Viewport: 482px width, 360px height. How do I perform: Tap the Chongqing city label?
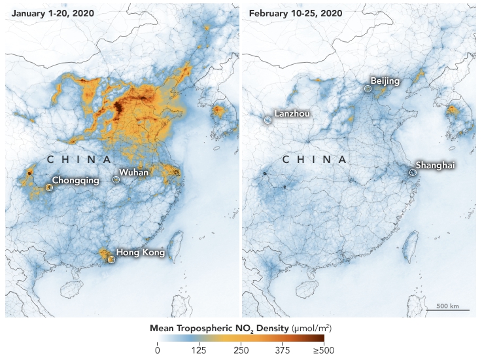coord(75,180)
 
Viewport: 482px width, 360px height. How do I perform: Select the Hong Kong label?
coord(140,252)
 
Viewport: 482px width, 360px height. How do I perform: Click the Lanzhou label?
coord(292,113)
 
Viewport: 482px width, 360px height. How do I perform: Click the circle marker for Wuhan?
coord(116,179)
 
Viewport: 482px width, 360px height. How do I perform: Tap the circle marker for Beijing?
coord(368,88)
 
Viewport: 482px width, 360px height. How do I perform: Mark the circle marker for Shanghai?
coord(412,173)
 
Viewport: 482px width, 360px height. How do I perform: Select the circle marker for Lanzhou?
coord(267,120)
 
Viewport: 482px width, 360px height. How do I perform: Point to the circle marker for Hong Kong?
coord(111,259)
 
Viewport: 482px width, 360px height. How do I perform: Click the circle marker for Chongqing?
coord(49,187)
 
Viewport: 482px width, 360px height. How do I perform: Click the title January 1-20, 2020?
coord(52,12)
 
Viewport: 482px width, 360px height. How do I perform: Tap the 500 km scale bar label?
coord(447,306)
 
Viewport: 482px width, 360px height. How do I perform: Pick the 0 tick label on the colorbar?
coord(157,351)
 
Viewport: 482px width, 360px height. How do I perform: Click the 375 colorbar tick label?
coord(282,351)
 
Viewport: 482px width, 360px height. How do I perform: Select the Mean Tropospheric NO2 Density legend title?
coord(241,327)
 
